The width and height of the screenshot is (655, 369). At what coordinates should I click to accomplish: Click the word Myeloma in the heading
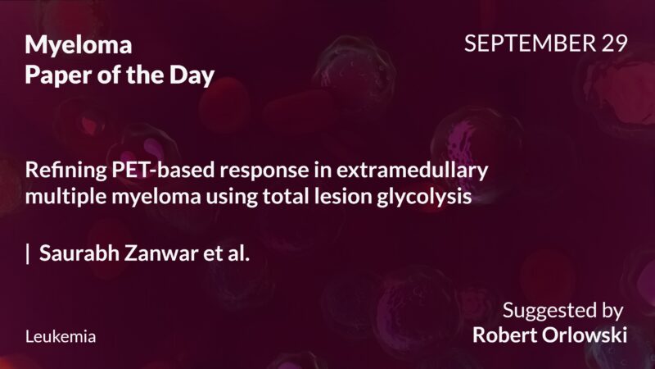(x=79, y=44)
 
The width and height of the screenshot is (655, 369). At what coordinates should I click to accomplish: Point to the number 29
(x=611, y=44)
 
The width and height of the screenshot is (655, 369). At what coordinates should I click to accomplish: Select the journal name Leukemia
(x=61, y=337)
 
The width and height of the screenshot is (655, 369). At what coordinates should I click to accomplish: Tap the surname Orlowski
(x=586, y=335)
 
